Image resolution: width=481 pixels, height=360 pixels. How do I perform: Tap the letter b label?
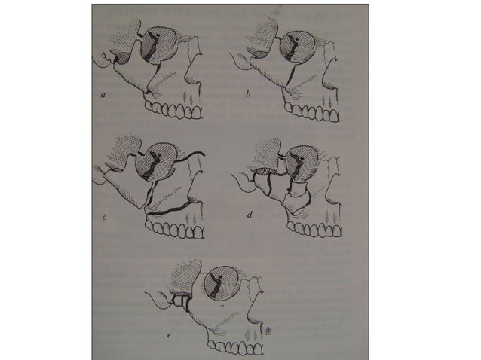[x=247, y=96]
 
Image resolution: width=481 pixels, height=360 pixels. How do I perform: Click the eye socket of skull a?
[x=158, y=47]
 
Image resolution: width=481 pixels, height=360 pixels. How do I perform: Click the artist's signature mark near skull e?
[x=268, y=329]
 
